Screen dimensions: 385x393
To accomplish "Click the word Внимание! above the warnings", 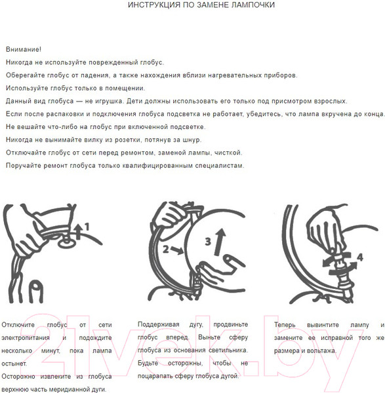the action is (x=24, y=49).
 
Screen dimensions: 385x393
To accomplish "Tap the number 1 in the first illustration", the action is (x=87, y=227).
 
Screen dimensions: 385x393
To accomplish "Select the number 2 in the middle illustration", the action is (x=165, y=249).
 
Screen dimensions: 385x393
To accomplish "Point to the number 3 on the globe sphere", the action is (x=208, y=241).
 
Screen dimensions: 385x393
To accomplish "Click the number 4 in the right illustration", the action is (x=360, y=257).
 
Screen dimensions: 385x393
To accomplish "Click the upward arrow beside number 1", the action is (x=78, y=232).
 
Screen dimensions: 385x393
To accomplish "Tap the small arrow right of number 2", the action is (x=177, y=250).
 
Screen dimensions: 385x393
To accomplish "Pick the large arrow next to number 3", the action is (x=220, y=242).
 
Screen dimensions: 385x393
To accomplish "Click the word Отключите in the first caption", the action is (x=18, y=325).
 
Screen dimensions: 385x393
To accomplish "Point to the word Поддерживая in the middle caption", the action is (x=158, y=324).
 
